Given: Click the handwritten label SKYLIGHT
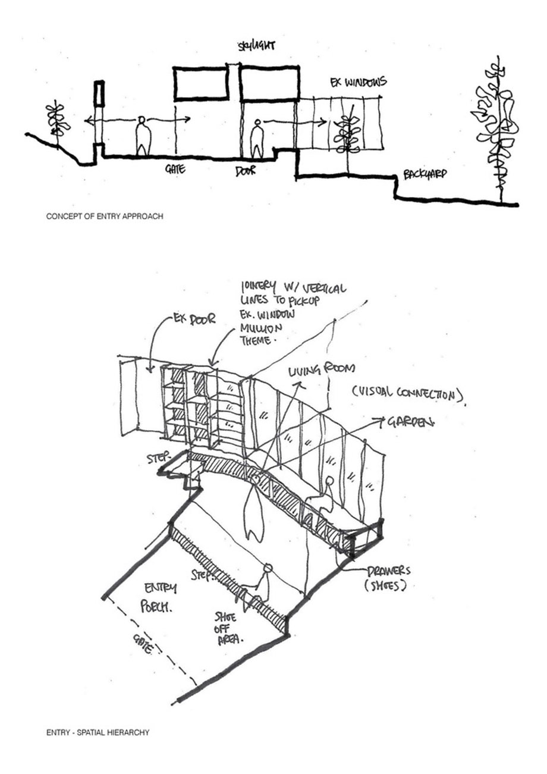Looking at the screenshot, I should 256,46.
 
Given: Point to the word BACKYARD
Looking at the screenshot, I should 425,175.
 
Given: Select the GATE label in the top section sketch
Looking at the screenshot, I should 175,169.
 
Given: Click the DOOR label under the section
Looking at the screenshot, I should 245,171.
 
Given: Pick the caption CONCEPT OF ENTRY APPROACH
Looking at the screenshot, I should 105,217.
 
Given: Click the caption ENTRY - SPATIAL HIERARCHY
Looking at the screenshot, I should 98,732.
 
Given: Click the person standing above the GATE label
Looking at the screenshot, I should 143,136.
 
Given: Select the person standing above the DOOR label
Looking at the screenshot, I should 257,139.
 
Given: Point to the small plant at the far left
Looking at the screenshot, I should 58,121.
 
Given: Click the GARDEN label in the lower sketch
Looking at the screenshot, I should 410,422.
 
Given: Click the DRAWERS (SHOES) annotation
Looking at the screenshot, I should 388,577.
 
